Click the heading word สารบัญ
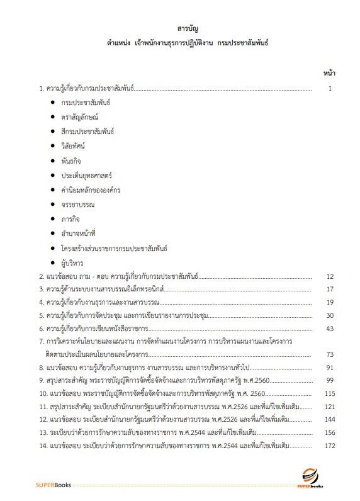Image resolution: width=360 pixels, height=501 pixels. tap(188, 28)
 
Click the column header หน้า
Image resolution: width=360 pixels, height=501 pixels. tap(329, 73)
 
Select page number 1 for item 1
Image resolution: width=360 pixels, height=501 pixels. tap(329, 89)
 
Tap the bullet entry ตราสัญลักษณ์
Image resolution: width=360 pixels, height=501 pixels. tap(80, 116)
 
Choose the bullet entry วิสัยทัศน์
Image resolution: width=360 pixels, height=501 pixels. tap(73, 145)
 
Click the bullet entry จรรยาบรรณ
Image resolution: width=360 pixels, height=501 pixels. tap(76, 204)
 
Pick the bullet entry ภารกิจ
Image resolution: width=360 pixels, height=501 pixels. tap(70, 218)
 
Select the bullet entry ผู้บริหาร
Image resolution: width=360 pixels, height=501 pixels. tap(72, 262)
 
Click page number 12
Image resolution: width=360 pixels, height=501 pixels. tap(329, 276)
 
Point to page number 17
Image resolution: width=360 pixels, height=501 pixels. tap(329, 290)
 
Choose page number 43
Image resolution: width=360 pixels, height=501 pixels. tap(329, 329)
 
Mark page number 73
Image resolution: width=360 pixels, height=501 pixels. tap(329, 354)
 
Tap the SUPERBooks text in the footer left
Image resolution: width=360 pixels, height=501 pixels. tap(53, 485)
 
